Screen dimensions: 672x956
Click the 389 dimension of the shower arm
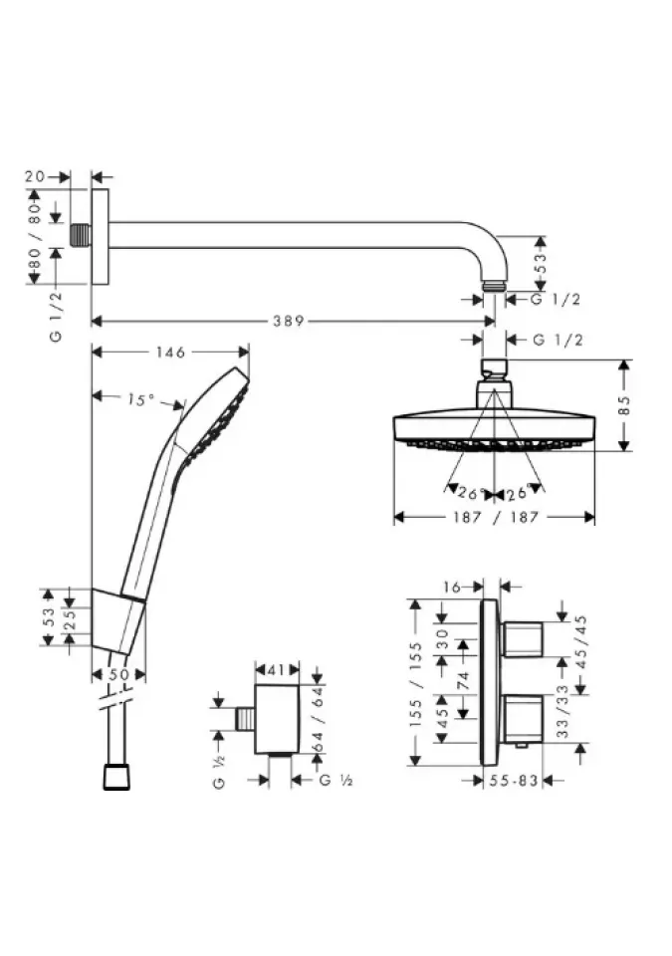[288, 321]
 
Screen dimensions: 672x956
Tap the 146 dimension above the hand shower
[170, 352]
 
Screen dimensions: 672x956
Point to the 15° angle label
[140, 400]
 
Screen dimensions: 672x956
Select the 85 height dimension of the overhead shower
[623, 405]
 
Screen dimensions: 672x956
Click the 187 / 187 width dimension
[496, 517]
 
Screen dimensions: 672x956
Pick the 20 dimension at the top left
[35, 176]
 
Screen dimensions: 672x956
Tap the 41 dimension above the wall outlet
[276, 670]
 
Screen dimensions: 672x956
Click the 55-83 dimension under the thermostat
[514, 780]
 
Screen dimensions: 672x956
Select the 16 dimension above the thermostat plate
[452, 588]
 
